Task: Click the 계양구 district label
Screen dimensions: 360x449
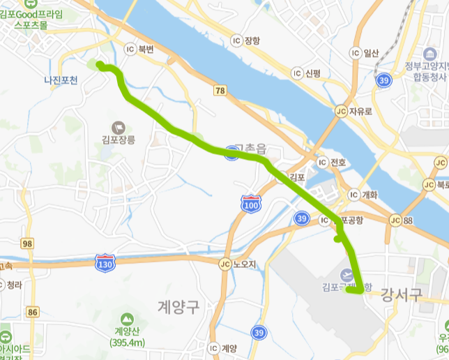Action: [x=179, y=305]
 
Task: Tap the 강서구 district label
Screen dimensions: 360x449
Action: [x=402, y=295]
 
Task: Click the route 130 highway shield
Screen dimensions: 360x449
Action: [x=104, y=262]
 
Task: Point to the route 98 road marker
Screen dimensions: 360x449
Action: [x=27, y=243]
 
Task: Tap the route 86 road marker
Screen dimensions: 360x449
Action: [x=32, y=313]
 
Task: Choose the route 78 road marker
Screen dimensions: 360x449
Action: [x=220, y=91]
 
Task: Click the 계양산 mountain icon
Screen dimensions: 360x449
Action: [x=127, y=318]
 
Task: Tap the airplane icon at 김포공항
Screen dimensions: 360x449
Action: [x=347, y=276]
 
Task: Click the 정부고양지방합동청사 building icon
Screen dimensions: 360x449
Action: [x=429, y=54]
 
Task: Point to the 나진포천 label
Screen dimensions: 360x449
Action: [x=61, y=81]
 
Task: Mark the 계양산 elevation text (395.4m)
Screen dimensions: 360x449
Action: [x=126, y=343]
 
